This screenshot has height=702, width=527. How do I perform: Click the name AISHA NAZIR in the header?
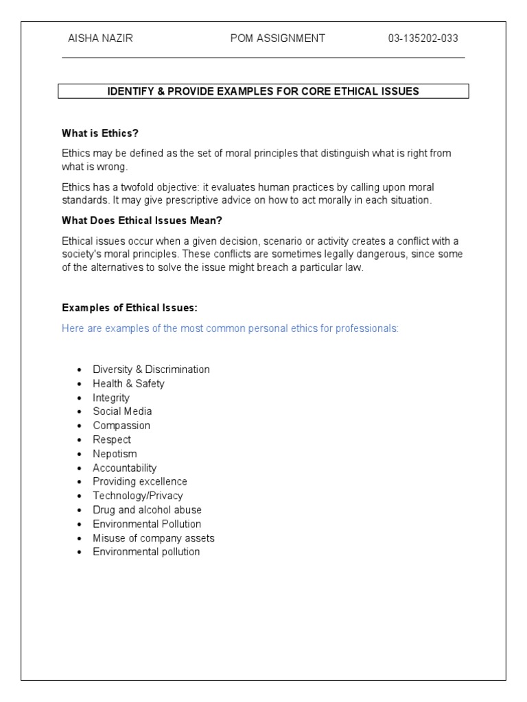(97, 38)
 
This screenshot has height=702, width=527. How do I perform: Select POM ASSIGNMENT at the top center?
(278, 38)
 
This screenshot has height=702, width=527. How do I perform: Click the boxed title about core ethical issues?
(263, 91)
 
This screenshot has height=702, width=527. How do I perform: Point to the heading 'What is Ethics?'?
(104, 133)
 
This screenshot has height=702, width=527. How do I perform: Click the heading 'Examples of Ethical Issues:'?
(124, 308)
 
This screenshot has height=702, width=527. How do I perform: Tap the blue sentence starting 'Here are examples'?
(230, 328)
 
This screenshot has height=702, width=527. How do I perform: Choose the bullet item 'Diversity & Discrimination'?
(151, 370)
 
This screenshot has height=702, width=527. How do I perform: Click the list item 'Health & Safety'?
(128, 383)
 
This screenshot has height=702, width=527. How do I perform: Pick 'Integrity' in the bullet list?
(111, 398)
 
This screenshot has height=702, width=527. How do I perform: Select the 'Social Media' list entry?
(122, 411)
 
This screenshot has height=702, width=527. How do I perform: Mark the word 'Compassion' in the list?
(121, 426)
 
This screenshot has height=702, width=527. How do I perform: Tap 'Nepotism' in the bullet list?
(115, 454)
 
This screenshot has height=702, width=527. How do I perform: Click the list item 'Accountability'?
(125, 468)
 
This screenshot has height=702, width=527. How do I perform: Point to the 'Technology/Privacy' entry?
(138, 496)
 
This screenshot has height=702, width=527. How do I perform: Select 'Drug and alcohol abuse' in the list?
(147, 510)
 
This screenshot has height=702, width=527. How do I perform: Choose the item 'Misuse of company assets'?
(154, 538)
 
